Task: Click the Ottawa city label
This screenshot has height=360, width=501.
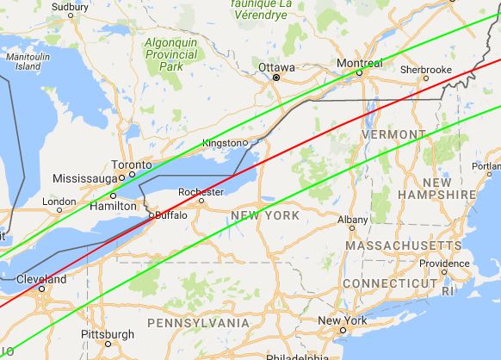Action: (x=276, y=66)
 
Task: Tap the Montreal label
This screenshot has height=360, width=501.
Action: (x=360, y=64)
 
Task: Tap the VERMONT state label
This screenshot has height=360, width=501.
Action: (x=393, y=135)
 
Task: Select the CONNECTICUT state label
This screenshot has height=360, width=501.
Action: (x=389, y=283)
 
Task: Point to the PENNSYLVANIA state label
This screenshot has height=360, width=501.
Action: (x=197, y=323)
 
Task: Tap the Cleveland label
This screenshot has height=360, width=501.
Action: (x=40, y=280)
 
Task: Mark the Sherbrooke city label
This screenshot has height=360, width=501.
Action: (x=425, y=69)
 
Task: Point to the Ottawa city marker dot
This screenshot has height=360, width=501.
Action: (x=276, y=78)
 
